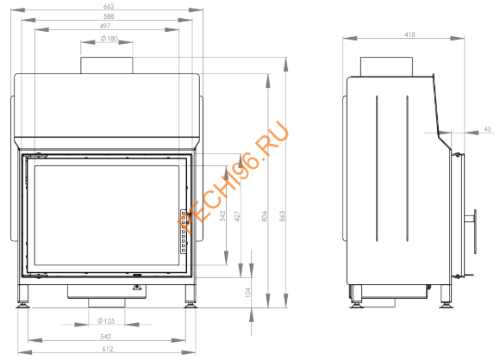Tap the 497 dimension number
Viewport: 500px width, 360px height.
[107, 26]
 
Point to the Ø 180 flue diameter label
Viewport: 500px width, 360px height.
[109, 39]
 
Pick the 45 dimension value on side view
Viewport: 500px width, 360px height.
[488, 129]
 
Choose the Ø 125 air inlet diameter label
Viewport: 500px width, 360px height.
[106, 321]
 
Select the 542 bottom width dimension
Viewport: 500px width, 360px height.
[106, 335]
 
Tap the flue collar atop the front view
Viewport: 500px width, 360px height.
[107, 65]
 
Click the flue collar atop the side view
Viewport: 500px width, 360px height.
[383, 66]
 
